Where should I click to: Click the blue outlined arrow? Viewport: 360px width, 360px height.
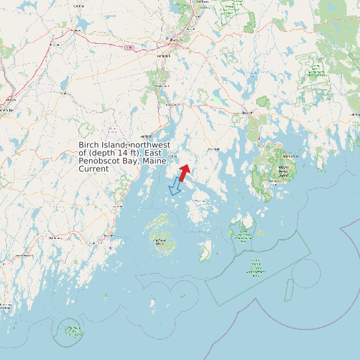click(x=176, y=187)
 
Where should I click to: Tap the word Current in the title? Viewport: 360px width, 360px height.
click(x=94, y=169)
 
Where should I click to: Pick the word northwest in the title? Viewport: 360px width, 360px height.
click(x=149, y=145)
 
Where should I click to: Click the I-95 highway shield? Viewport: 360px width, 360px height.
click(x=129, y=47)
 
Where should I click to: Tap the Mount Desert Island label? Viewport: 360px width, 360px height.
click(x=284, y=171)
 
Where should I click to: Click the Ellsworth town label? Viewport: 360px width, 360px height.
click(x=248, y=114)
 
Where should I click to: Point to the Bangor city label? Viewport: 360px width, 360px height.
click(x=176, y=40)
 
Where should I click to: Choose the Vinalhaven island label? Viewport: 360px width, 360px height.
click(x=159, y=242)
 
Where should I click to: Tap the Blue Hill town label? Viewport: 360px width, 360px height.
click(x=214, y=149)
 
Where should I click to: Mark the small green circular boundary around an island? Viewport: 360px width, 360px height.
click(x=70, y=330)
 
